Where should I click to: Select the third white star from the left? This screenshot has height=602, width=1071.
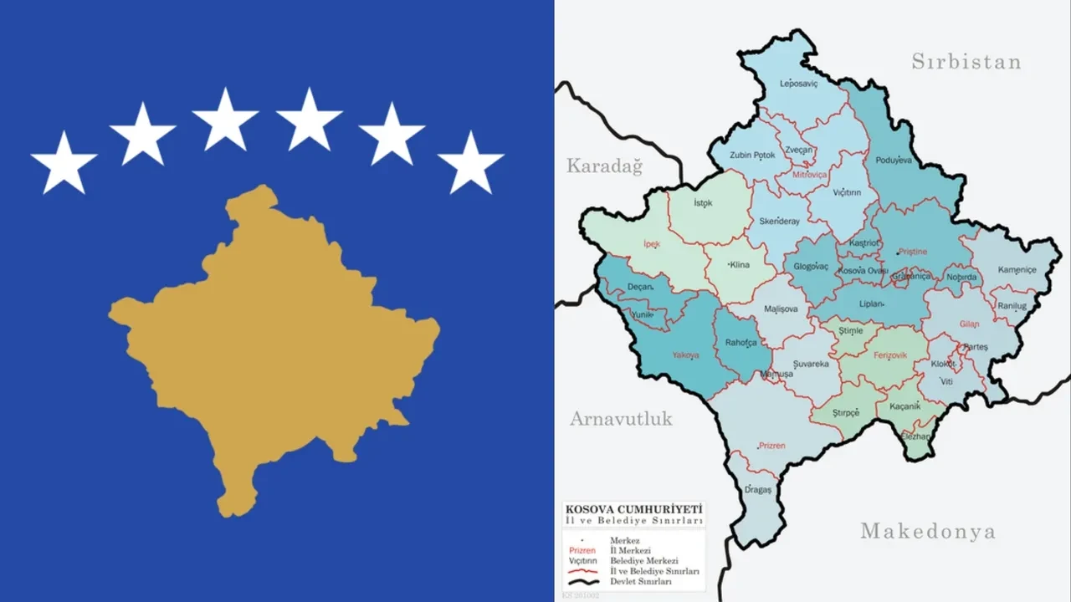[225, 119]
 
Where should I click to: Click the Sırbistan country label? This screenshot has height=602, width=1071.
[966, 62]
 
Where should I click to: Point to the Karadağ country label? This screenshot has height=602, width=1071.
[604, 166]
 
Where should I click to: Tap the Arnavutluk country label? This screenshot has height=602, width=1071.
[621, 419]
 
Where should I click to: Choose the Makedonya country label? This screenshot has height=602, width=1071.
[927, 531]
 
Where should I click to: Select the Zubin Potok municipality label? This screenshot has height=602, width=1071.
[752, 155]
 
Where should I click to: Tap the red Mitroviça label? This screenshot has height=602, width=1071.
[802, 176]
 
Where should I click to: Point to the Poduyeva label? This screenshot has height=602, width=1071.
[893, 160]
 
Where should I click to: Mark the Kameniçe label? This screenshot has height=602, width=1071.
[1016, 269]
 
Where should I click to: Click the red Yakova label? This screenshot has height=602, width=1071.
[685, 355]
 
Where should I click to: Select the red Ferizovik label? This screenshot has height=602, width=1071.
[889, 356]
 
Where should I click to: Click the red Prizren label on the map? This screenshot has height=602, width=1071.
[771, 446]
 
